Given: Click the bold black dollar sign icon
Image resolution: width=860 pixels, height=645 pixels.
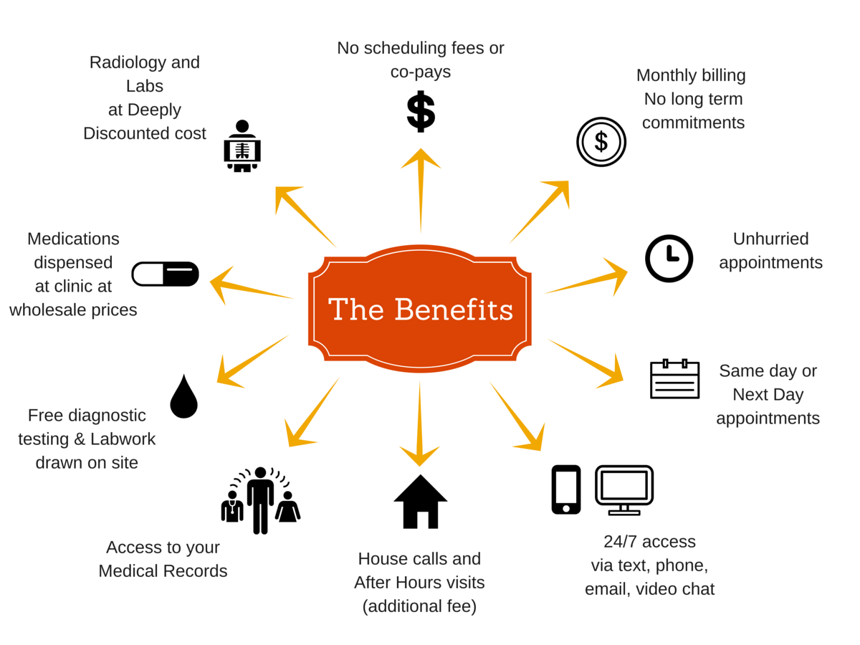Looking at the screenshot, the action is (x=421, y=111).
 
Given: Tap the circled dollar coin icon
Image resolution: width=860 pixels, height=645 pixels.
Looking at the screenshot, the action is (x=601, y=142).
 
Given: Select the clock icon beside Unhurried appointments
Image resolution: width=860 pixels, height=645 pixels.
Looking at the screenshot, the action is (x=669, y=258).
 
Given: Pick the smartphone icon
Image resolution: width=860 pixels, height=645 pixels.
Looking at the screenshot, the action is (x=565, y=489).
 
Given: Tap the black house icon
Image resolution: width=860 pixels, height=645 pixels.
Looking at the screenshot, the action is (x=421, y=501).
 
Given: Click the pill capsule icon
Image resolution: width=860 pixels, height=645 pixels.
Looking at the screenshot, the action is (x=165, y=274).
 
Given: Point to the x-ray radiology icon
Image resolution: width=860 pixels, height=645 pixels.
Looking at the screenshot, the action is (x=242, y=146).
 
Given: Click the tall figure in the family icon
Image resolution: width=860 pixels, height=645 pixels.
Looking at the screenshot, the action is (x=260, y=500).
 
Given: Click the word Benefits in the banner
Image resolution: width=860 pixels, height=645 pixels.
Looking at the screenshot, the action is (x=454, y=310).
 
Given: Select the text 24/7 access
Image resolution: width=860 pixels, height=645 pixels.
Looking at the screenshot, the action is (x=649, y=541).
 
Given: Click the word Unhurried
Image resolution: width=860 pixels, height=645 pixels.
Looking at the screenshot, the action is (x=770, y=239).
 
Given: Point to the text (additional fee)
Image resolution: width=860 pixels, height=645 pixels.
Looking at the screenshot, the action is (x=419, y=606).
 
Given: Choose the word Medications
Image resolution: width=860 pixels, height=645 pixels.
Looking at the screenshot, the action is (x=73, y=239).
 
